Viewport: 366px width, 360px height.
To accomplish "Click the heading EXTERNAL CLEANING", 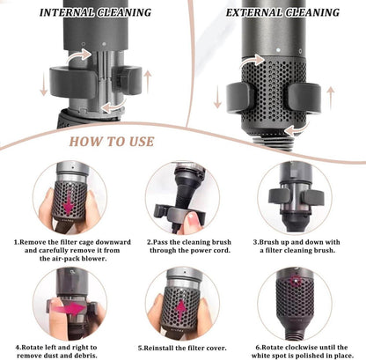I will click(282, 12).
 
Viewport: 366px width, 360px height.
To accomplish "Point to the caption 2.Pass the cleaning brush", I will click(182, 243).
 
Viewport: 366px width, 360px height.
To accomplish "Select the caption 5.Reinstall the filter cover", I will click(182, 346).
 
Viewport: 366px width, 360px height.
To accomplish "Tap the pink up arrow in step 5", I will click(182, 307).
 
